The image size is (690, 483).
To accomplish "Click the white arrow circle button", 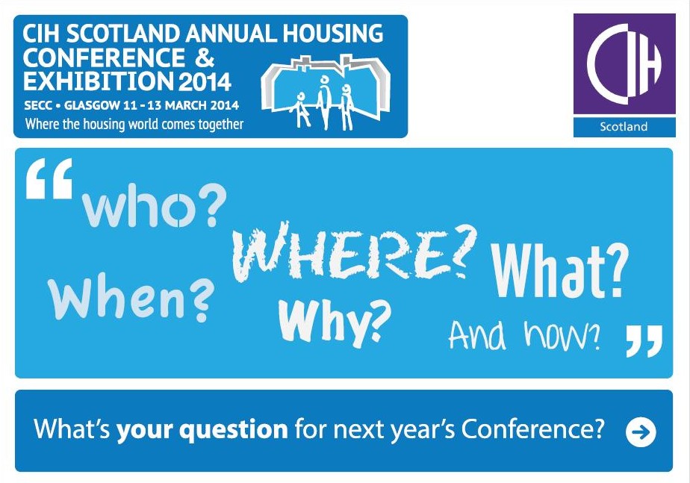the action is point(641,432).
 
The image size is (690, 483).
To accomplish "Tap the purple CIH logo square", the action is point(624,63).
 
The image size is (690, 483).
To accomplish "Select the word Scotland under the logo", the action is point(624,127).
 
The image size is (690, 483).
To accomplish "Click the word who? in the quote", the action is point(155,207).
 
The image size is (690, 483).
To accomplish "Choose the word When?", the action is point(131,296).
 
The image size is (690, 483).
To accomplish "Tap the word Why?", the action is point(335,322).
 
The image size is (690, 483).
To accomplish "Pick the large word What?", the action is point(559,271).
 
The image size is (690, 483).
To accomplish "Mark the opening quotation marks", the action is point(49,178).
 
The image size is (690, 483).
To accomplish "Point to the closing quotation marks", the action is point(644,341).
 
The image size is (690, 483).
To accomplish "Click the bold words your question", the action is point(202,430).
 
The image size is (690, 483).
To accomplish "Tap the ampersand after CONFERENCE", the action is point(203,57).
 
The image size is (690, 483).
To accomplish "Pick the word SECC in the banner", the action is point(38,105).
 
